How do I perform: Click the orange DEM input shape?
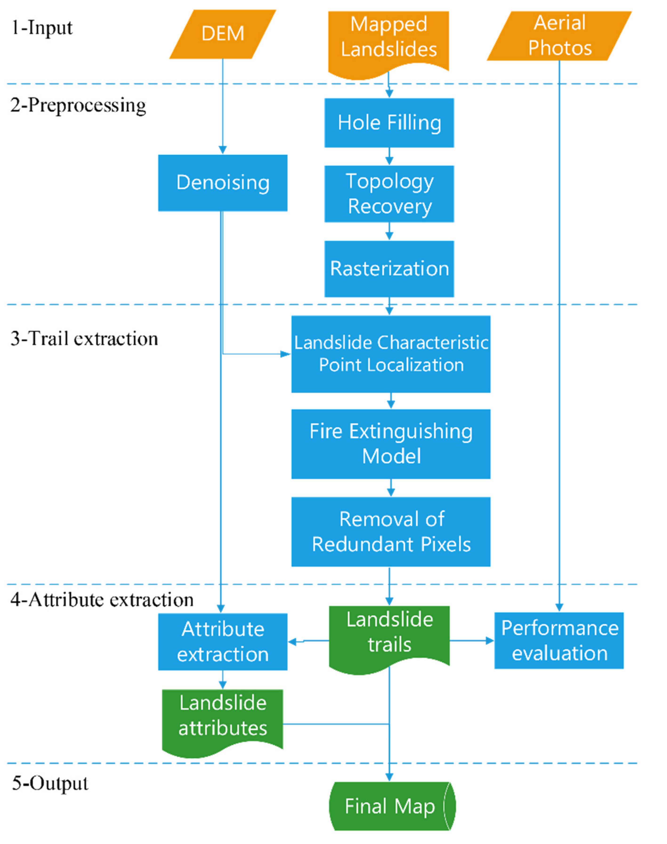point(222,34)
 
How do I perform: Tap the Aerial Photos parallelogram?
point(559,36)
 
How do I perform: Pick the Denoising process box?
point(222,183)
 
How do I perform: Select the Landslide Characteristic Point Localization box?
point(391,354)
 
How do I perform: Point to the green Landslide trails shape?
point(389,632)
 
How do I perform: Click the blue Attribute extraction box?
point(222,642)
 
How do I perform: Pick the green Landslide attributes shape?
point(222,716)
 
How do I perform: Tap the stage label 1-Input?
point(42,28)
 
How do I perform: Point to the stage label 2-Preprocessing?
point(78,105)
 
